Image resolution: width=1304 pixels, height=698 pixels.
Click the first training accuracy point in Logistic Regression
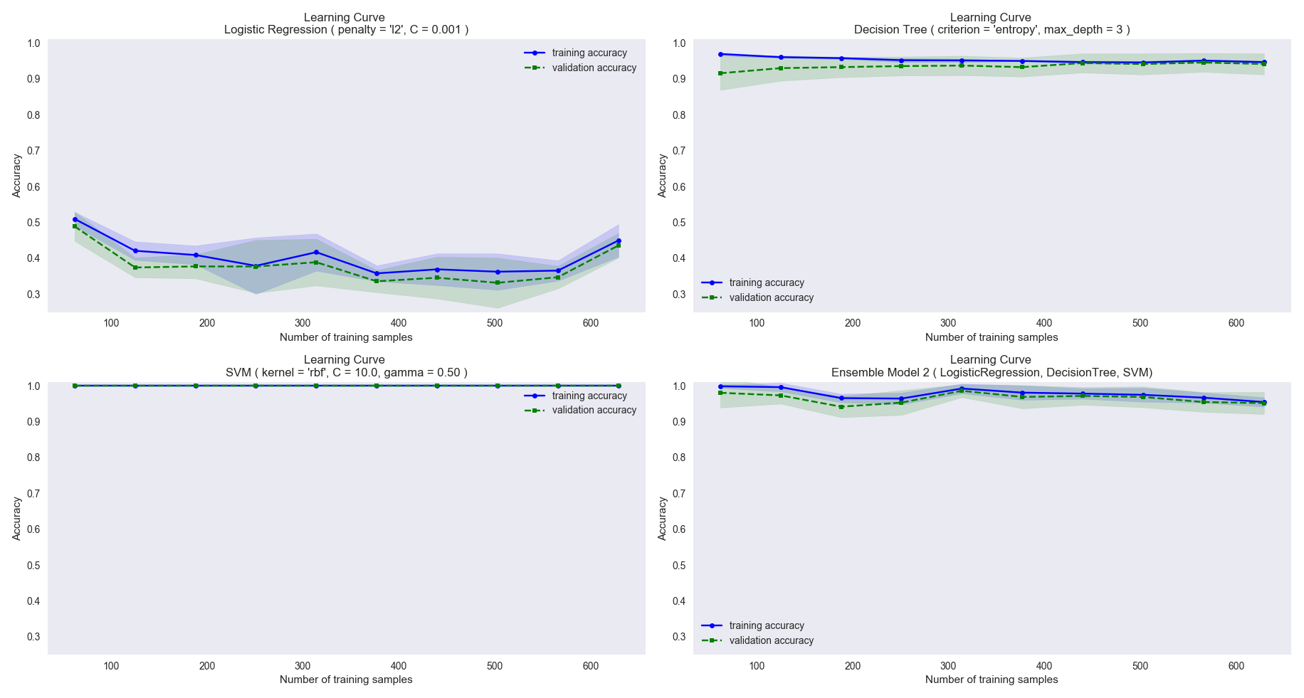point(75,220)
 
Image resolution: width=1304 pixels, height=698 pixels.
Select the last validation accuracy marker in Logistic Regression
point(618,245)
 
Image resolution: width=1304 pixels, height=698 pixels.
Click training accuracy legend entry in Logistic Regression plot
point(589,53)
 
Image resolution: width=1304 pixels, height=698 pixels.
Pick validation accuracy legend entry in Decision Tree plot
point(770,298)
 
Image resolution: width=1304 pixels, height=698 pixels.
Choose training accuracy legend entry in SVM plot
point(589,396)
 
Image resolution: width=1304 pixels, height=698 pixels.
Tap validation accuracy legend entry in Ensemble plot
point(770,641)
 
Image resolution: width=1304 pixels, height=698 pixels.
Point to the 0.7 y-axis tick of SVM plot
point(33,494)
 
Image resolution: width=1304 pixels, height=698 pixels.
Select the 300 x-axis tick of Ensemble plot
point(948,667)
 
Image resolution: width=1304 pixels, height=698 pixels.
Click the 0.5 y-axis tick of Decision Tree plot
point(679,223)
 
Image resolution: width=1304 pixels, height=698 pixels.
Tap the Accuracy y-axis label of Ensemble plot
point(663,519)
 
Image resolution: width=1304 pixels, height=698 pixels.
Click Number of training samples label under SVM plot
point(346,680)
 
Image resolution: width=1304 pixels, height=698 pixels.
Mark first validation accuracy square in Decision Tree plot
point(720,73)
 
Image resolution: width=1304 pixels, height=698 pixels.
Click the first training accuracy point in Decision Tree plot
point(720,54)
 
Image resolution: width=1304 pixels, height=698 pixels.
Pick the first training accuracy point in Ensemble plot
point(720,386)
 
